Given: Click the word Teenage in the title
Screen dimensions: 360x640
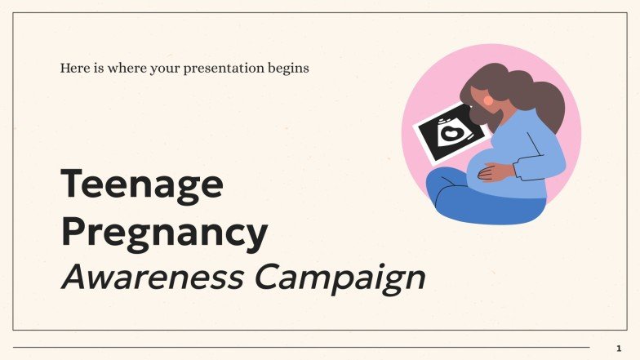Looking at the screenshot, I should pyautogui.click(x=141, y=184).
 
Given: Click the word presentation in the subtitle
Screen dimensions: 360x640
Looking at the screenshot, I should pyautogui.click(x=224, y=68).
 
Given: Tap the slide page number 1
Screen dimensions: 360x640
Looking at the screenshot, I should pyautogui.click(x=618, y=349).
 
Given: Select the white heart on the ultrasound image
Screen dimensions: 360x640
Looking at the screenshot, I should pyautogui.click(x=450, y=133).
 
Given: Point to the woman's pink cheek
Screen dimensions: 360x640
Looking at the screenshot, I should pyautogui.click(x=488, y=100).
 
